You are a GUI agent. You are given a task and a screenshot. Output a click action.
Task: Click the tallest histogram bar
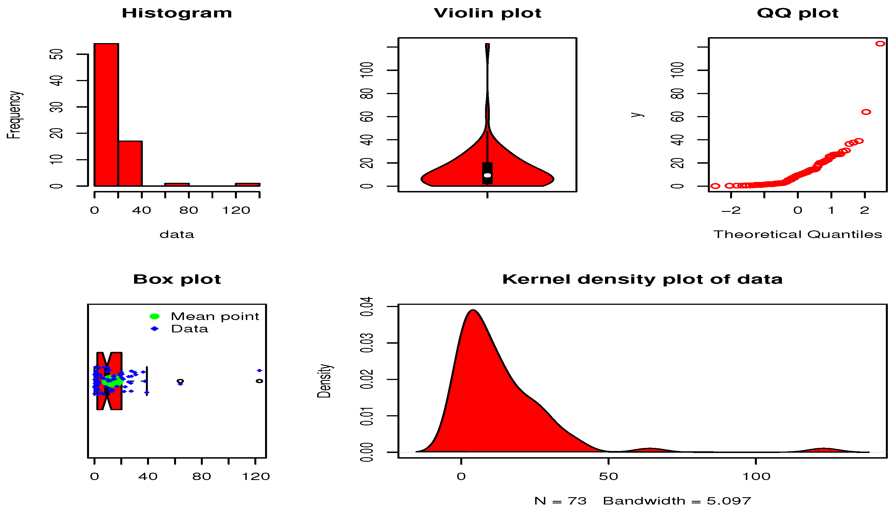106,115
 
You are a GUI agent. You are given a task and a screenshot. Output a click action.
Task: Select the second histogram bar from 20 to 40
130,163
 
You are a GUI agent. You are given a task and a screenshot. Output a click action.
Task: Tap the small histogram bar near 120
247,185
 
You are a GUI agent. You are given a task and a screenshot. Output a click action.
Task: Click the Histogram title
177,13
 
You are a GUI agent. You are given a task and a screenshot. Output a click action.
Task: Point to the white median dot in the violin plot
487,175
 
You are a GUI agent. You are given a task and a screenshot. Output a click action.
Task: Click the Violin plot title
487,13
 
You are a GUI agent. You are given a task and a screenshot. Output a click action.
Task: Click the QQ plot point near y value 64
866,112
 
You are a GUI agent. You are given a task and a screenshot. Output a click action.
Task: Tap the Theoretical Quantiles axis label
797,234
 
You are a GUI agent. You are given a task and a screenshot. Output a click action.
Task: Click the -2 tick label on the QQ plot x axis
731,210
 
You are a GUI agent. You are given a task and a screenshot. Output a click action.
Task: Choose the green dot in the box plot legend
154,316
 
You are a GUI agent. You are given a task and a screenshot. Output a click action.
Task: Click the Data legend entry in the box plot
190,329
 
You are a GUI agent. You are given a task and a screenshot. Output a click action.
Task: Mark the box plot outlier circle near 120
259,381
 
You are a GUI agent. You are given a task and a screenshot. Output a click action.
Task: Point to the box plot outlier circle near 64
180,381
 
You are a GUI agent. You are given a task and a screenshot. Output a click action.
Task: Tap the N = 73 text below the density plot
560,501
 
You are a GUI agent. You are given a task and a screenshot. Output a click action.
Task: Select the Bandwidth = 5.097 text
677,501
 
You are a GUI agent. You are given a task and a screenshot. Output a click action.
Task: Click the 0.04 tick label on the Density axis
367,307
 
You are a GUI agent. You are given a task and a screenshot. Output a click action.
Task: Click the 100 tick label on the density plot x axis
756,476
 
